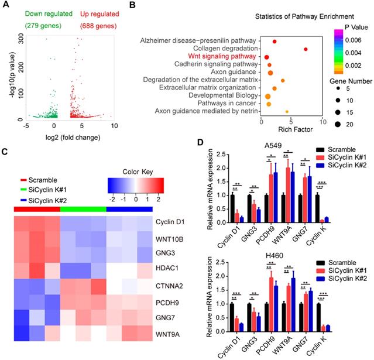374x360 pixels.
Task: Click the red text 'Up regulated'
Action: tap(77, 11)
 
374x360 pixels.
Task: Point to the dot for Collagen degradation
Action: tap(306, 49)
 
